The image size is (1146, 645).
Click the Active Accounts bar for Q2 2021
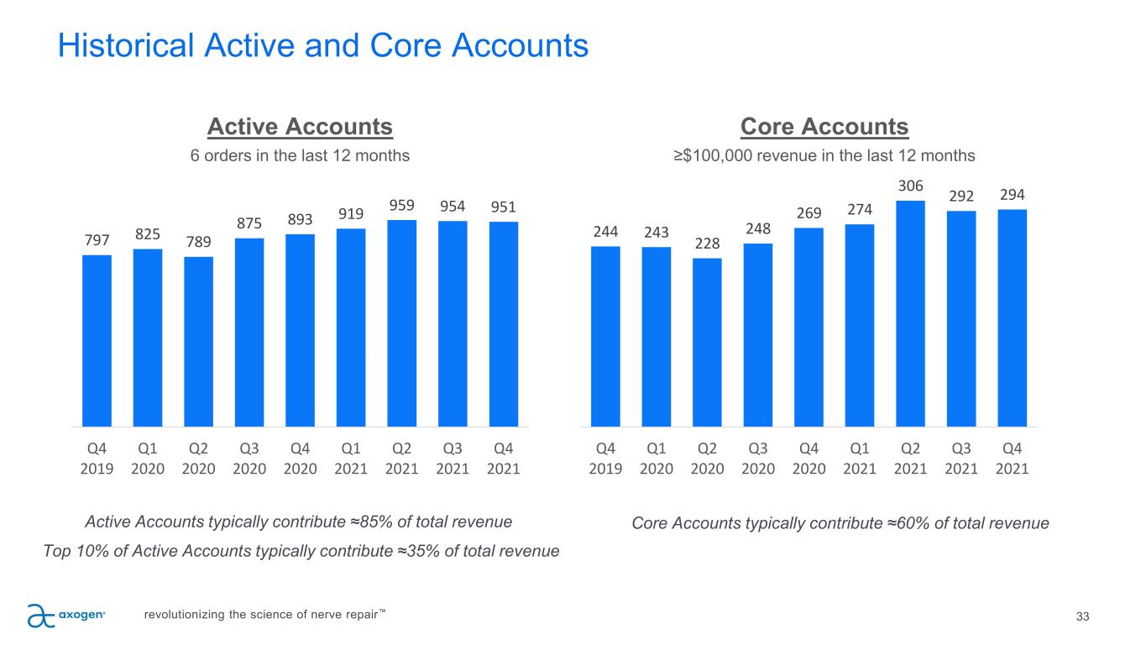(401, 323)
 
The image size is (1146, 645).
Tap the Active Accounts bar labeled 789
(198, 342)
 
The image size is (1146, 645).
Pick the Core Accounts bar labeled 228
(707, 343)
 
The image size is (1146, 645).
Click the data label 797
(97, 242)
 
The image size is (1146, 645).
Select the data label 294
(1013, 195)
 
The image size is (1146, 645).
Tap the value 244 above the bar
(605, 232)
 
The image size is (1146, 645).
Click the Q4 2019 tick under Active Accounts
(97, 458)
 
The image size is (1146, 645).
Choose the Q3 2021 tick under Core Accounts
(961, 458)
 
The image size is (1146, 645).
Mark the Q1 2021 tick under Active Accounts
(351, 458)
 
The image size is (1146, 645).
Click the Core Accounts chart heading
(824, 127)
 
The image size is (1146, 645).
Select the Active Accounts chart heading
(300, 127)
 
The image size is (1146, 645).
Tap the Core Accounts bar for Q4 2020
(808, 328)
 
